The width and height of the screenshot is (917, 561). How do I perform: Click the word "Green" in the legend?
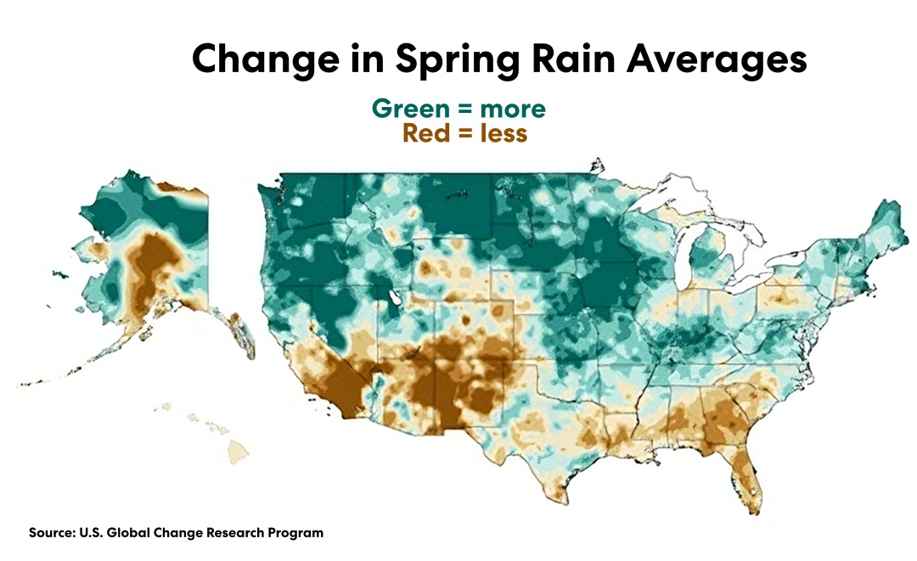[409, 109]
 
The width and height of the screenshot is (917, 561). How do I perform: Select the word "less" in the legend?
[504, 133]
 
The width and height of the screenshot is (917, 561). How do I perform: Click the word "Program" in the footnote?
[296, 533]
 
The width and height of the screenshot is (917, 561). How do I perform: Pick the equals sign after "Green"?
[463, 110]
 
